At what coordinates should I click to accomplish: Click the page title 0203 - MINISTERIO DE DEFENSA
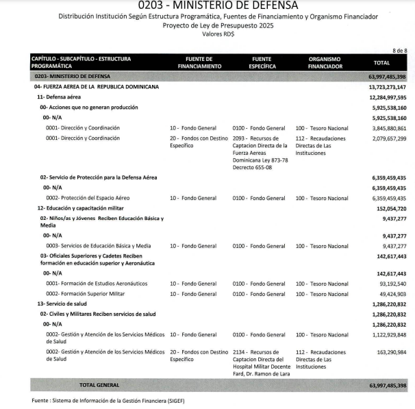(x=207, y=5)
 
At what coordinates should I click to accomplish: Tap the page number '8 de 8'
(x=399, y=51)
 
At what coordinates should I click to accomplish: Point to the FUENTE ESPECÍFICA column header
(x=262, y=62)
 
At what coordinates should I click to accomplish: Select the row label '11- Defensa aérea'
(x=60, y=97)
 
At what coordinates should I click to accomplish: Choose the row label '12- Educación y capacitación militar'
(x=81, y=208)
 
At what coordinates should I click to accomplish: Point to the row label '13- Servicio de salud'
(x=63, y=303)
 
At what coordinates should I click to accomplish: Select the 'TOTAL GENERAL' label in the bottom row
(x=100, y=386)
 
